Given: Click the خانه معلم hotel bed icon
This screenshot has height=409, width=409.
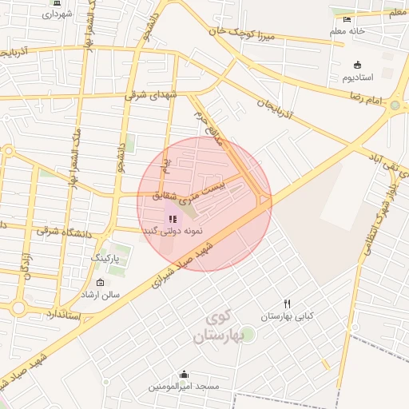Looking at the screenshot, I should pos(346,19).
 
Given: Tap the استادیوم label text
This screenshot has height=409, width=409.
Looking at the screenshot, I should pos(358,78).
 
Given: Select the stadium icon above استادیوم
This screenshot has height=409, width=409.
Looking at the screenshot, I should pos(357,66).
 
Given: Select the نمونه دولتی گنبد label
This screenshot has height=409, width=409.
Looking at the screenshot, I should pos(173,231).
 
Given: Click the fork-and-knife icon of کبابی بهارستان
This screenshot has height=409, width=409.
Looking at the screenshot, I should pos(288,304).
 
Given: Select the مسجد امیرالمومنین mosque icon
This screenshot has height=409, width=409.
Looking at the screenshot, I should pos(185,374).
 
